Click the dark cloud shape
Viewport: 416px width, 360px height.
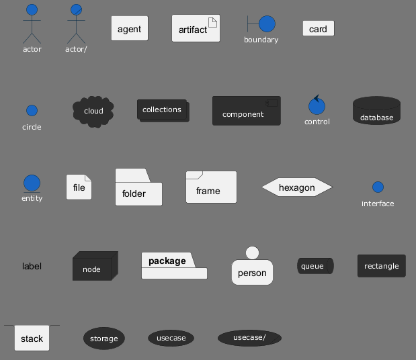pyautogui.click(x=93, y=111)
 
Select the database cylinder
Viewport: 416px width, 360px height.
pyautogui.click(x=376, y=110)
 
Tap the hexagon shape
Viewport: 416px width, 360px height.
pyautogui.click(x=297, y=187)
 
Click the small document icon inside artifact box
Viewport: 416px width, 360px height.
pyautogui.click(x=212, y=22)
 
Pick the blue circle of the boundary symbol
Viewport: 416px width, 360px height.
pyautogui.click(x=267, y=24)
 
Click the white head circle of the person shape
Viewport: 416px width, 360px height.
pyautogui.click(x=252, y=253)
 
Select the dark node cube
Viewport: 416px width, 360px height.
pyautogui.click(x=95, y=266)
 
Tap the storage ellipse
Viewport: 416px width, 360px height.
pyautogui.click(x=104, y=339)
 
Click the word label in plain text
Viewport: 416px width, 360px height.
pyautogui.click(x=32, y=266)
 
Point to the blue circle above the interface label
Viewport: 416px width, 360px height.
pyautogui.click(x=378, y=187)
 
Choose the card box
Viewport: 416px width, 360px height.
pyautogui.click(x=319, y=28)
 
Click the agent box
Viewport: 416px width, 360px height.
pyautogui.click(x=130, y=28)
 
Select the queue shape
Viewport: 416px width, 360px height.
pyautogui.click(x=315, y=266)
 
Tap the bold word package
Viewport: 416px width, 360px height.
pyautogui.click(x=167, y=261)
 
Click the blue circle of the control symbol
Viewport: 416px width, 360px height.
pyautogui.click(x=317, y=106)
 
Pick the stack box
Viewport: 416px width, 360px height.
pyautogui.click(x=32, y=338)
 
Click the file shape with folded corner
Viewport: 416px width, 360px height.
pyautogui.click(x=79, y=187)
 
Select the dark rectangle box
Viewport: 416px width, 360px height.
pyautogui.click(x=382, y=266)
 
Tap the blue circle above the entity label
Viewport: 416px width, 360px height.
pyautogui.click(x=32, y=183)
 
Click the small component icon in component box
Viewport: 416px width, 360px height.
pyautogui.click(x=272, y=103)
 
